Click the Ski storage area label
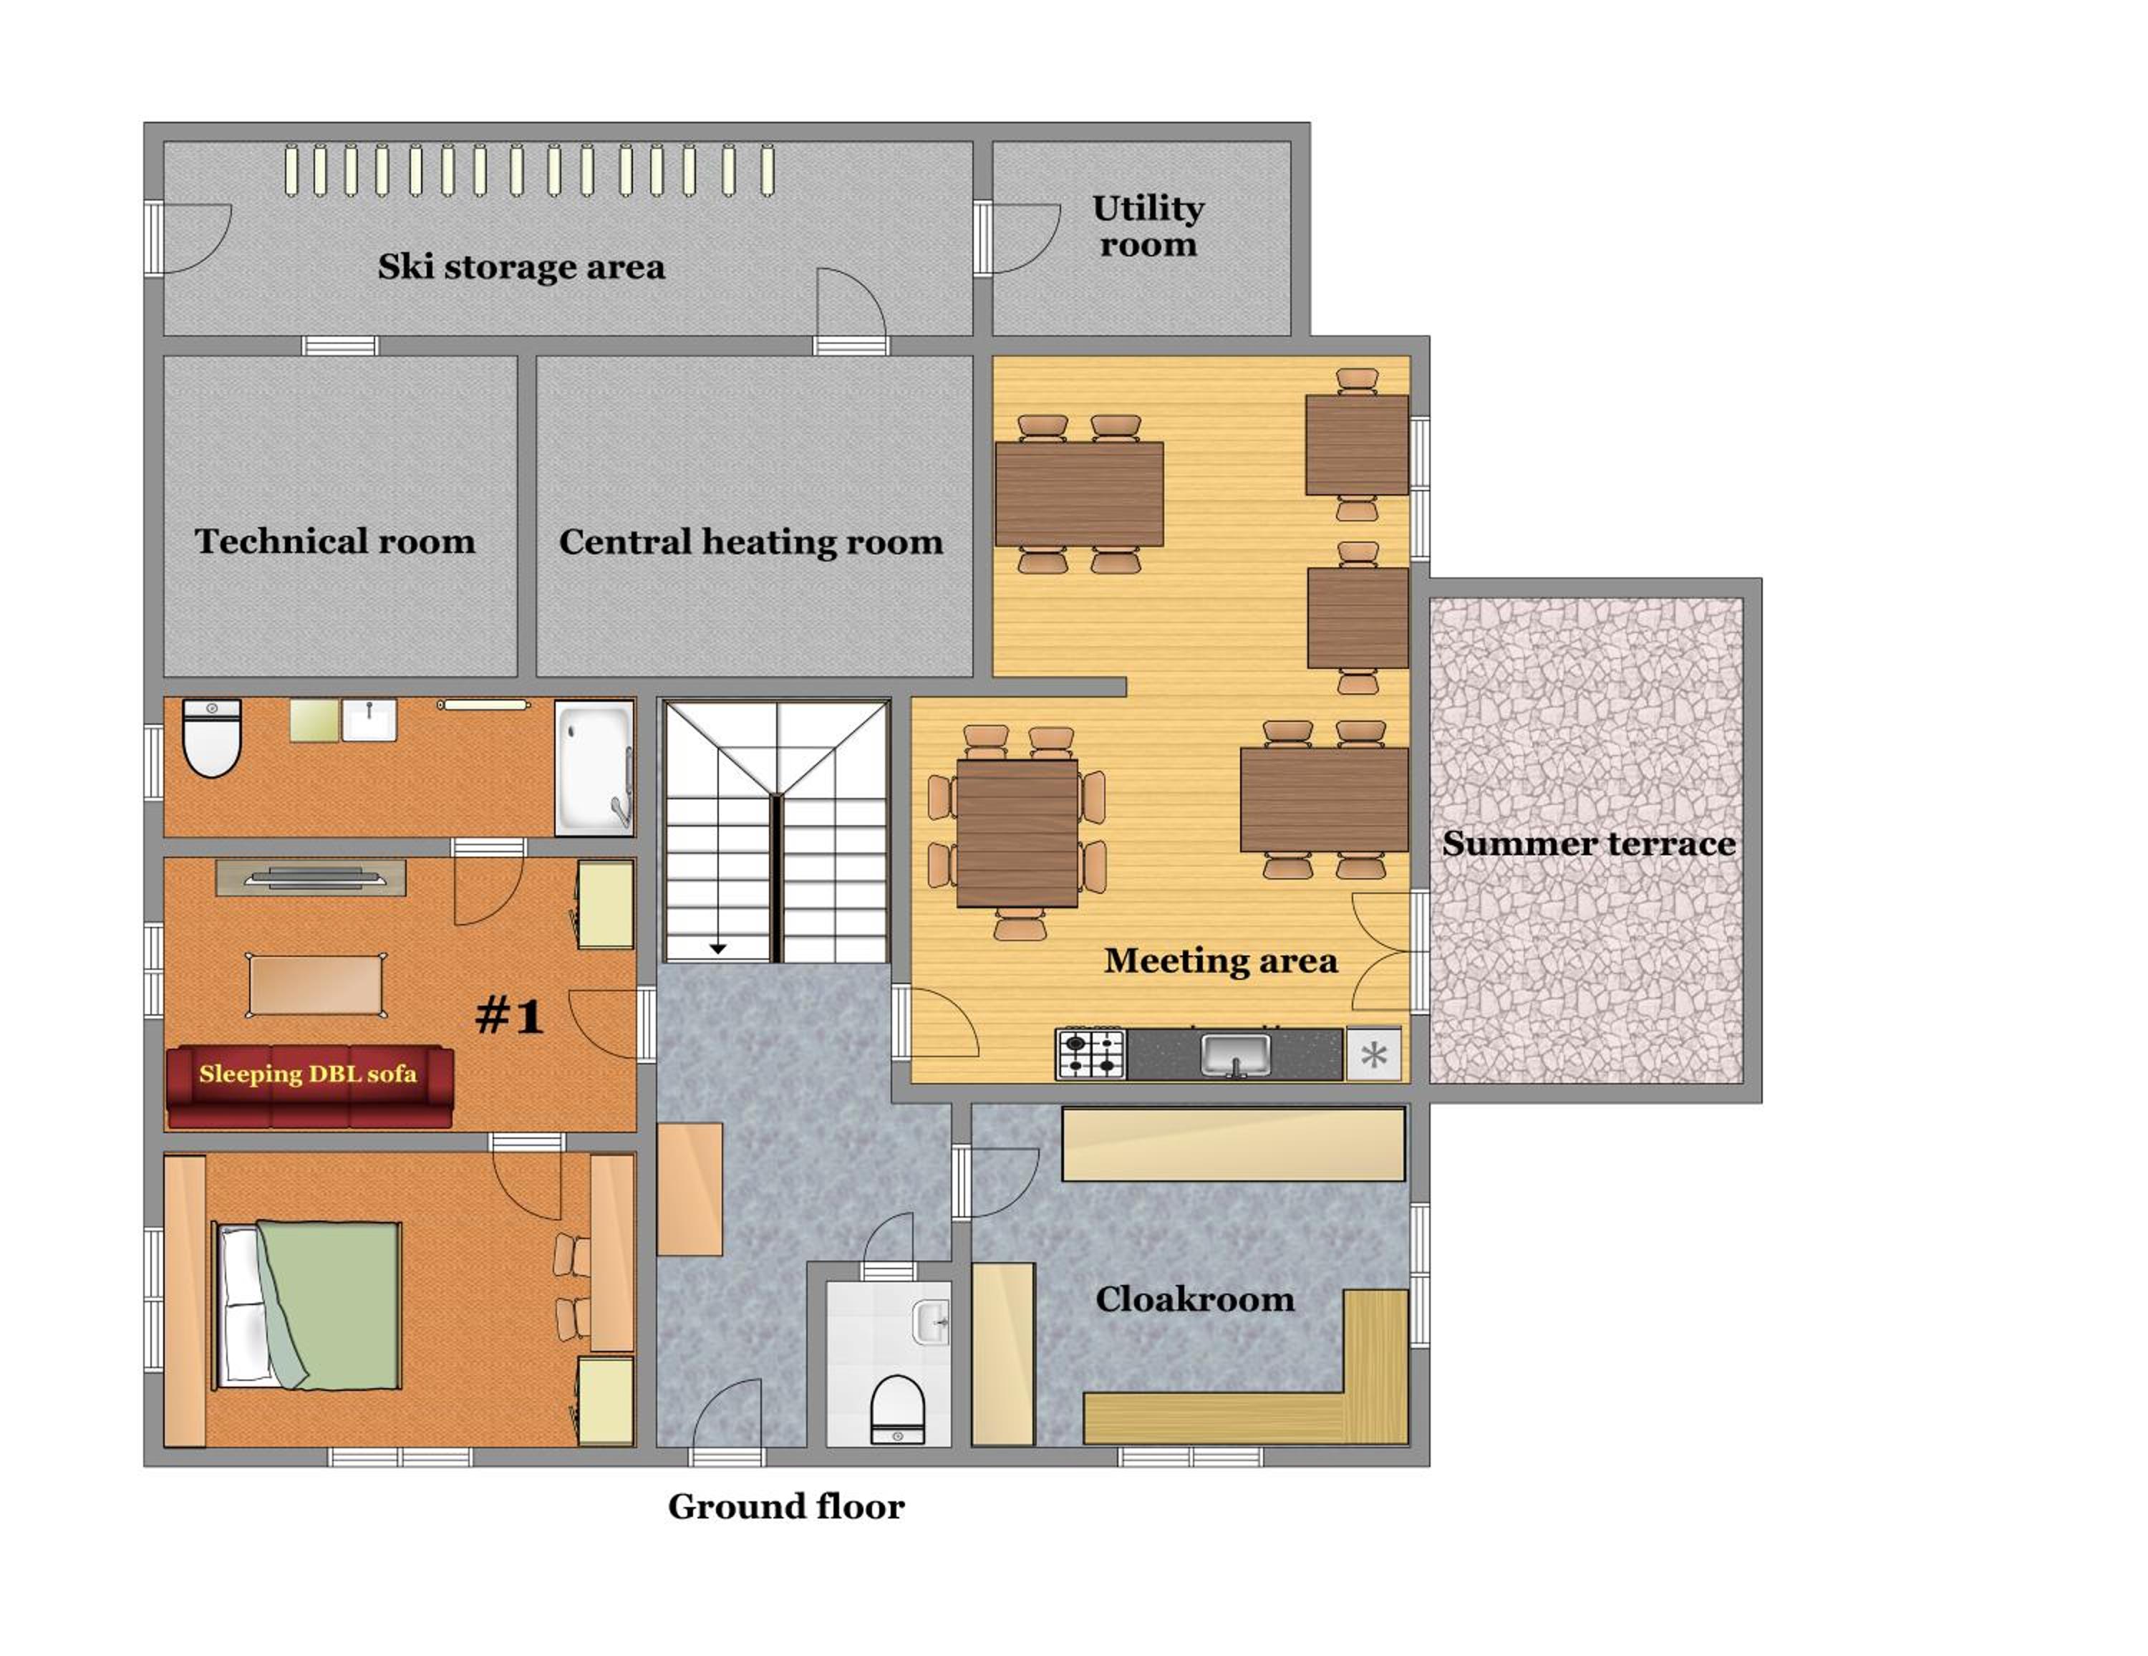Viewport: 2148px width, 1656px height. [x=521, y=266]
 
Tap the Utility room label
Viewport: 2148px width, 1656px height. [x=1148, y=226]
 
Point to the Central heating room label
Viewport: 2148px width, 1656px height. [x=750, y=541]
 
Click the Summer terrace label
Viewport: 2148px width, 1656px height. [x=1588, y=843]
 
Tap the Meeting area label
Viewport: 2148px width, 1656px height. [x=1221, y=961]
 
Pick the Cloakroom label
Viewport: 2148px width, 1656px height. [x=1195, y=1299]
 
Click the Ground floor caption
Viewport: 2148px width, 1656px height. [x=786, y=1506]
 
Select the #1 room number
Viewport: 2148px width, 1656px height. [x=510, y=1014]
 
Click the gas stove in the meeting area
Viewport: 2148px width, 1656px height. [x=1090, y=1054]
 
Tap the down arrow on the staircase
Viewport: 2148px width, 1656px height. [x=718, y=948]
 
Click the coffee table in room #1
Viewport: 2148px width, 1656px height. [x=315, y=984]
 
